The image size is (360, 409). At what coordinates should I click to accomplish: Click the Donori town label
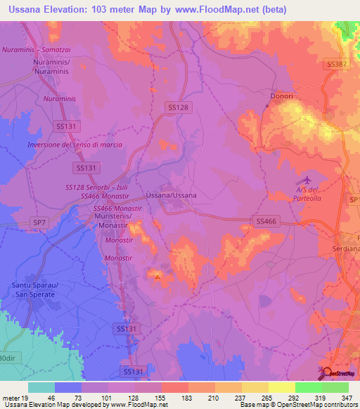coord(281,96)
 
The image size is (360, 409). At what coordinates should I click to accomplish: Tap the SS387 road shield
coord(337,64)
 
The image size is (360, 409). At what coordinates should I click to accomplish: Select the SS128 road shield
coord(178,107)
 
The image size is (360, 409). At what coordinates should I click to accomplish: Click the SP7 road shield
coord(39,222)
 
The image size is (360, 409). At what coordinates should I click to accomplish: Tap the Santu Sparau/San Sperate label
coord(36,290)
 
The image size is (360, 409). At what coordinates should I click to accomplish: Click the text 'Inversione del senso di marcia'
coord(75,145)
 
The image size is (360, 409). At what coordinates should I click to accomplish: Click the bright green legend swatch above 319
coord(307,387)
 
